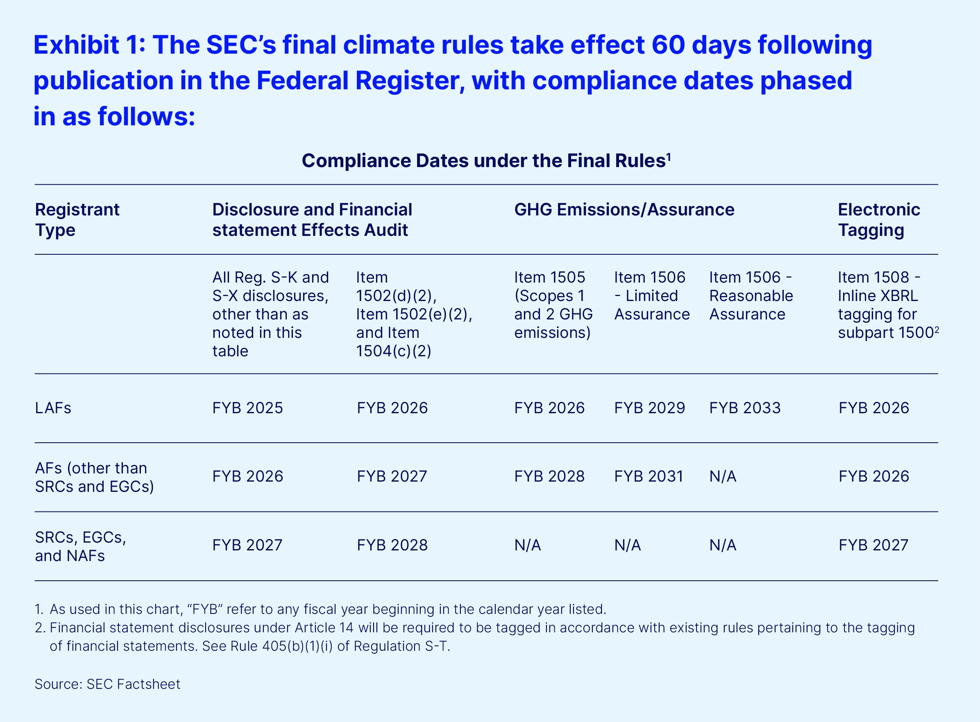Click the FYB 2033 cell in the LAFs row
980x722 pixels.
pos(745,408)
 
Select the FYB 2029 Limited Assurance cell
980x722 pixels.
pos(649,408)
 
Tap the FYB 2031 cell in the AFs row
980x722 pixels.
pos(649,476)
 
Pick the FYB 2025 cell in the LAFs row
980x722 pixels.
pos(248,408)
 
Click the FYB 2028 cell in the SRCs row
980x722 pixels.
pos(392,545)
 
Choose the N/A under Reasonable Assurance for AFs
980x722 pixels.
pos(723,476)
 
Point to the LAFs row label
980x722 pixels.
pos(53,408)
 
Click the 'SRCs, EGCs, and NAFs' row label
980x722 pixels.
pos(81,546)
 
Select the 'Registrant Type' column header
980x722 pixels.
pos(77,220)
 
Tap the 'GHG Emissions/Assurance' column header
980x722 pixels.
pos(624,210)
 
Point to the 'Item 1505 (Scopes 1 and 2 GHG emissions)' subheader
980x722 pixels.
pos(554,305)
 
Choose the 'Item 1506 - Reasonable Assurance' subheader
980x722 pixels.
pos(751,296)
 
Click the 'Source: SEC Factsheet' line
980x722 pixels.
pos(107,684)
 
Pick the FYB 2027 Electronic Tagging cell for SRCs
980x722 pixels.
pos(873,545)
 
